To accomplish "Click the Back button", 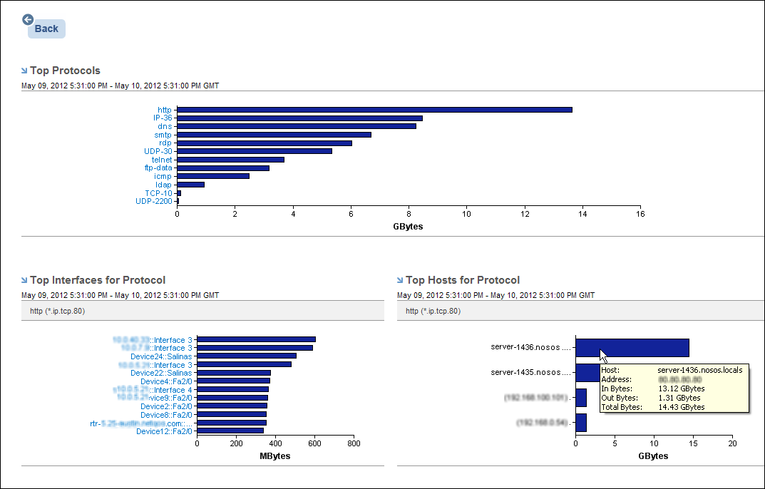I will tap(46, 29).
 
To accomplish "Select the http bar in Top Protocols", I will tap(374, 110).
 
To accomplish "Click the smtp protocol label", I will tap(163, 135).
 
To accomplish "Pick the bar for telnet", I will tap(230, 160).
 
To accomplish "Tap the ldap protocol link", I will tap(163, 185).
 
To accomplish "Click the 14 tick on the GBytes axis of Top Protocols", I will tap(582, 214).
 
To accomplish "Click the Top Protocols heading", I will tap(65, 71).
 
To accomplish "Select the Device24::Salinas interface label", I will tap(161, 356).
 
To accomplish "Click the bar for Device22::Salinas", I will tap(234, 373).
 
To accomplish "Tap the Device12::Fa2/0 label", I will tap(164, 431).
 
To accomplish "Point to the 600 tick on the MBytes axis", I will tap(314, 443).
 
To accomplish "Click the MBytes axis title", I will tap(275, 455).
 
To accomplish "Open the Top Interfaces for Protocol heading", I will tap(98, 280).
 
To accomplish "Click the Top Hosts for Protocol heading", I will tap(462, 280).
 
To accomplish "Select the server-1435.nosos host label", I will tap(531, 372).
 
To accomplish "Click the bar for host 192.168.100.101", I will tap(580, 397).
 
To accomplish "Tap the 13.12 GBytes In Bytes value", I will tap(681, 388).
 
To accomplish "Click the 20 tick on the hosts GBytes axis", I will tap(731, 443).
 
